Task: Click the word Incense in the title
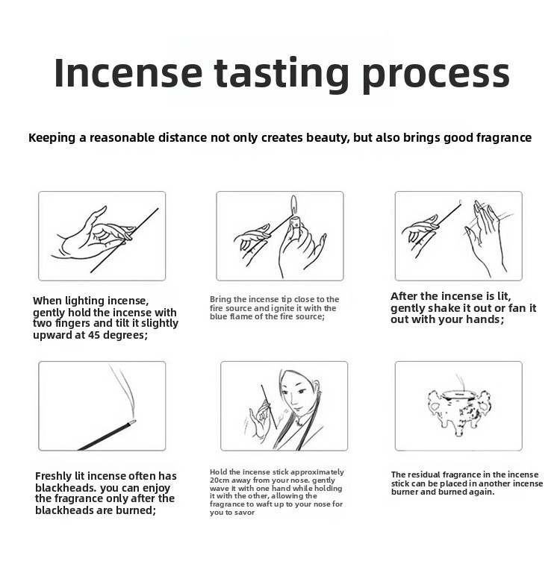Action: tap(128, 72)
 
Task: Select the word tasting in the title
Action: tap(281, 75)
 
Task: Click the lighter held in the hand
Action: tap(294, 223)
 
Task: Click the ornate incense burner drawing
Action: tap(461, 407)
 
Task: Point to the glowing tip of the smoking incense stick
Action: tap(132, 422)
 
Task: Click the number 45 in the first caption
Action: tap(94, 335)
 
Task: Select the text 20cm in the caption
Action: tap(220, 480)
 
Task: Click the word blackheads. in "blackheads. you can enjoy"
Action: tap(66, 488)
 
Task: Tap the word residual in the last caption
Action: tap(423, 475)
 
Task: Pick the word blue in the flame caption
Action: tap(217, 316)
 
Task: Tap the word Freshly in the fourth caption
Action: tap(53, 477)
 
